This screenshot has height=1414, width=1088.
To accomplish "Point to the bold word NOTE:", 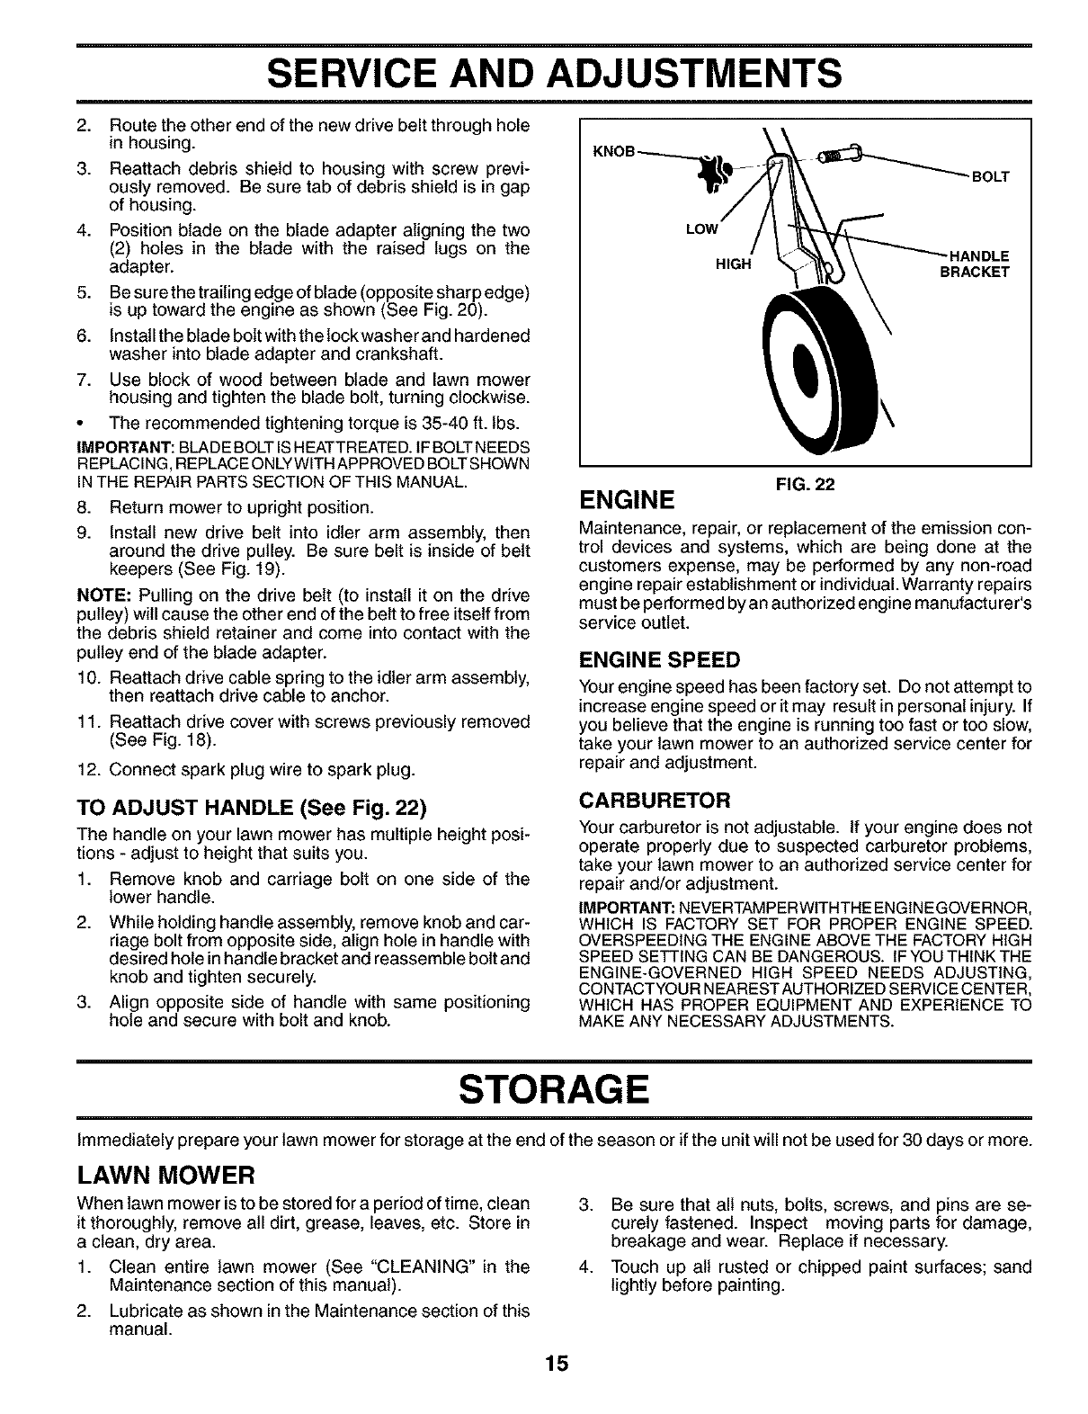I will (78, 595).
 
